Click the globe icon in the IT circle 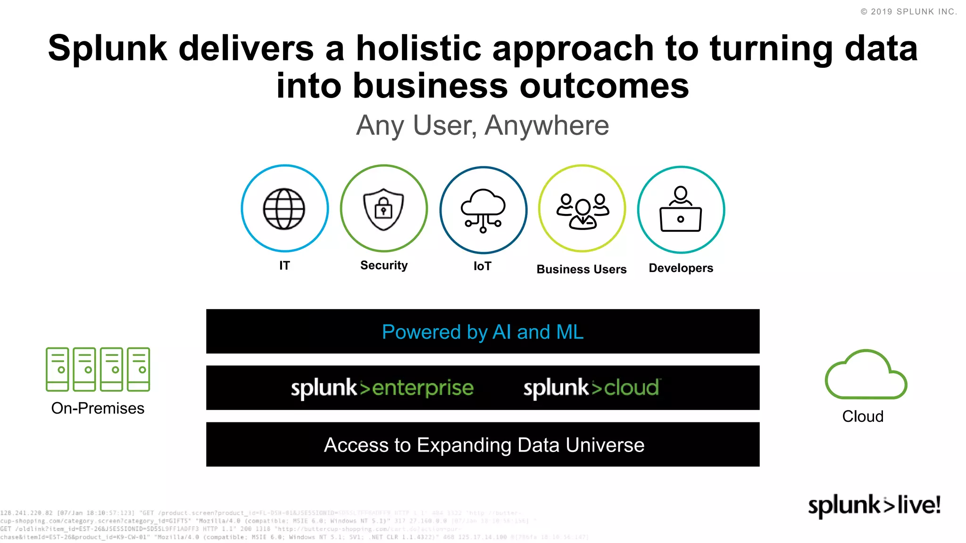(x=284, y=209)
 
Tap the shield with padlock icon (x=383, y=209)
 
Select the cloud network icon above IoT (x=483, y=210)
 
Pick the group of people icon (x=583, y=211)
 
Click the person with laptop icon (x=681, y=209)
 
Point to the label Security (x=383, y=265)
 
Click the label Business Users (x=581, y=269)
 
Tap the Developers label (x=681, y=268)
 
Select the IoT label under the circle (x=482, y=266)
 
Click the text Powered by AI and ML (x=483, y=332)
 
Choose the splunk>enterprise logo (x=382, y=388)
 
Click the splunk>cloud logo (x=591, y=388)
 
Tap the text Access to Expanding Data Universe (x=484, y=445)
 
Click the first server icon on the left (x=57, y=369)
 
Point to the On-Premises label (x=98, y=408)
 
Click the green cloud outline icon (x=866, y=375)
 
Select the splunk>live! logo (x=874, y=505)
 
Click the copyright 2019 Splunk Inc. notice (x=908, y=12)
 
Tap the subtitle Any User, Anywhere (x=483, y=125)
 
